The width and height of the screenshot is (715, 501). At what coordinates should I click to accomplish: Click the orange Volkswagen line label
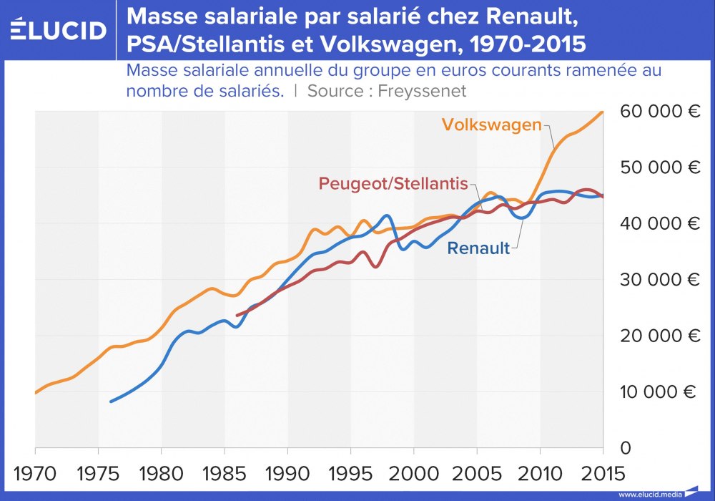click(491, 125)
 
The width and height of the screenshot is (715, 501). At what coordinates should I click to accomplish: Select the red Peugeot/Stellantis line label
click(393, 183)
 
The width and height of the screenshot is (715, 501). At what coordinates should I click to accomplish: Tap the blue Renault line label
click(478, 248)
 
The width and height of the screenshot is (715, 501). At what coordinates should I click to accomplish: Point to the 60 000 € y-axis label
click(659, 112)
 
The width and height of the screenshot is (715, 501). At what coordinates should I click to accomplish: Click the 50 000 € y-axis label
click(659, 168)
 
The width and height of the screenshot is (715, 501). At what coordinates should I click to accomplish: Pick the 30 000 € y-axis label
click(659, 280)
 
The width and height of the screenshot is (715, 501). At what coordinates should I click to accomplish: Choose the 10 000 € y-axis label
click(659, 392)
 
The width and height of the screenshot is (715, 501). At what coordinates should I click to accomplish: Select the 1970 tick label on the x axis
click(35, 473)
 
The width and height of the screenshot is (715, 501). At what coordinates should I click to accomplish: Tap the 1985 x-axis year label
click(225, 473)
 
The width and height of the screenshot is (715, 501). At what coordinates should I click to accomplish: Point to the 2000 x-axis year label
click(414, 473)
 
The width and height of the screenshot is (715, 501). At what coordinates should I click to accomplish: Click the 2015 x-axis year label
click(603, 473)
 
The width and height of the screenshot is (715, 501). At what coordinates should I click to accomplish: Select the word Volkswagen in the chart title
click(400, 44)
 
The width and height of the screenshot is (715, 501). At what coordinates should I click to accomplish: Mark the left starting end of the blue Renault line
click(110, 402)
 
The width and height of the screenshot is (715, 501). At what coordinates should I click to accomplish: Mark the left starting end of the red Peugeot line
click(237, 315)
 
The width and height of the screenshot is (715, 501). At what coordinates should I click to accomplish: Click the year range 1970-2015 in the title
click(526, 44)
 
